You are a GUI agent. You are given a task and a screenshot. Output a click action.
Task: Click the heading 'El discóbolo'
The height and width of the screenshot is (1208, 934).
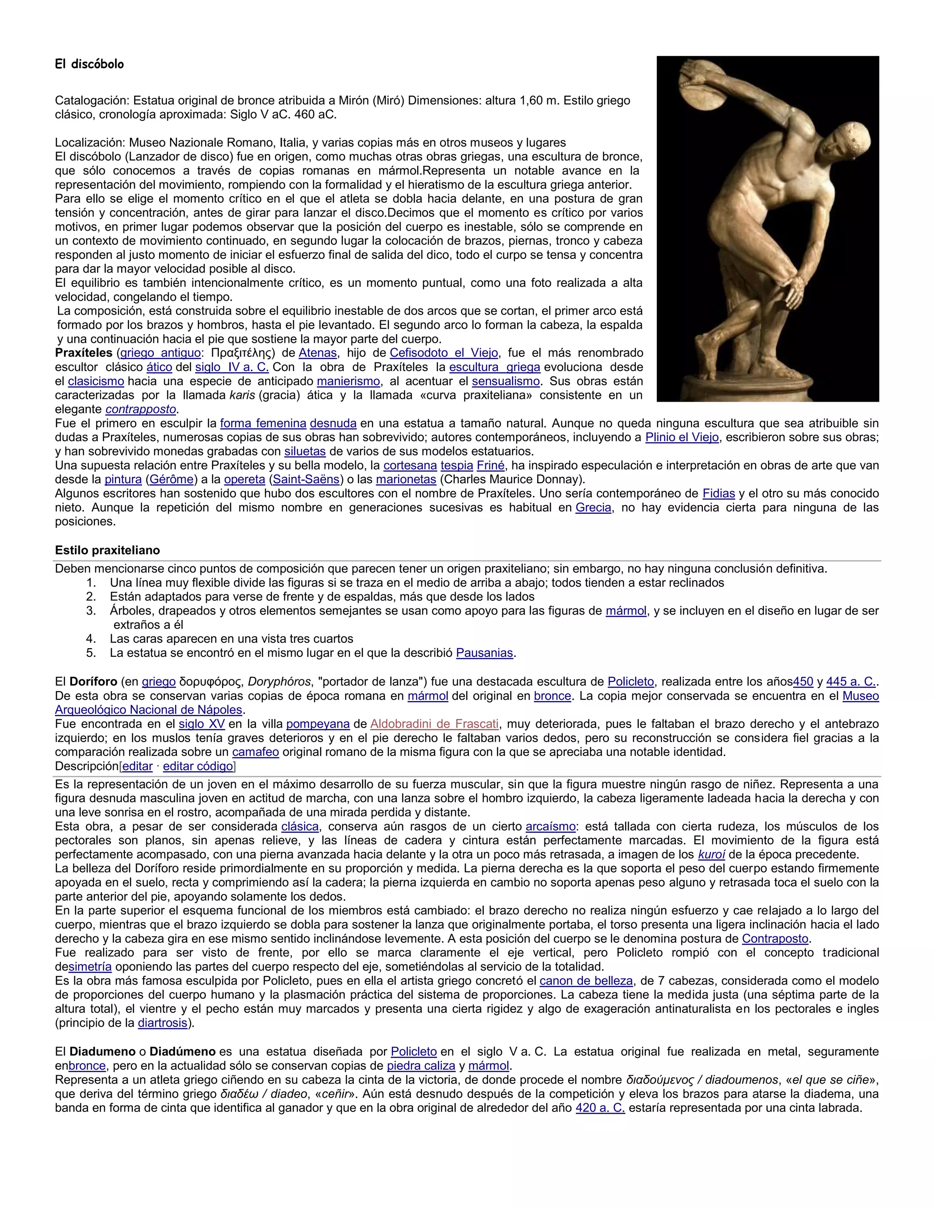point(89,64)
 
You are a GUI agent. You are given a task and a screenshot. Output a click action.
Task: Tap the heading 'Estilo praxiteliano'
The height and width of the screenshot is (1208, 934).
point(107,550)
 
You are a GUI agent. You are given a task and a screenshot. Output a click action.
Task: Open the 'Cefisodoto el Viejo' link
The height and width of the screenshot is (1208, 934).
point(444,353)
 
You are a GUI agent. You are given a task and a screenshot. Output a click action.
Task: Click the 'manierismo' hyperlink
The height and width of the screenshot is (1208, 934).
point(348,381)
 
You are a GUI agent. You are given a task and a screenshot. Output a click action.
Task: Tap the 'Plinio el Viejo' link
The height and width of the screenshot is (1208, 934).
point(682,438)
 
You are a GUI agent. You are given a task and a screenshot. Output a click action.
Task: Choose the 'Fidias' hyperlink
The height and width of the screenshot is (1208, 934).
point(719,493)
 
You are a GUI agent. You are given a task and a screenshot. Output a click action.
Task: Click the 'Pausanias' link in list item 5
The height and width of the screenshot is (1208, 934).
point(485,653)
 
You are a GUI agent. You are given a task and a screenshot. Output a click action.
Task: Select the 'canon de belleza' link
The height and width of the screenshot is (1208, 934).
point(586,981)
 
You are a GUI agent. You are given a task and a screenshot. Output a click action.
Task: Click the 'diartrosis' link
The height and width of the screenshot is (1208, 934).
point(163,1023)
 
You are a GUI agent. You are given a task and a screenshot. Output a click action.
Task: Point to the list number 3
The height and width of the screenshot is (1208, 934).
point(91,611)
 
